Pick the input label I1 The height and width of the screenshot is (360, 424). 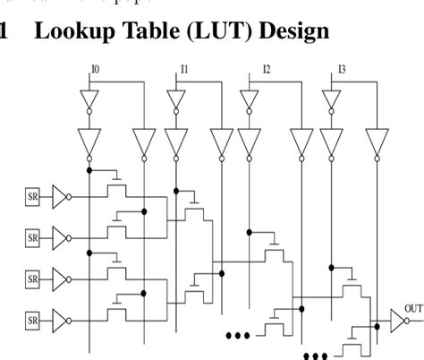click(x=183, y=69)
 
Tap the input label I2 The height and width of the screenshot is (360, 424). click(x=266, y=69)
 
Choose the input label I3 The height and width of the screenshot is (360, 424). click(x=342, y=69)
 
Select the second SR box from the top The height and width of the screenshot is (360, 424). click(x=32, y=237)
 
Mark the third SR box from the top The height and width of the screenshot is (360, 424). click(x=32, y=279)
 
